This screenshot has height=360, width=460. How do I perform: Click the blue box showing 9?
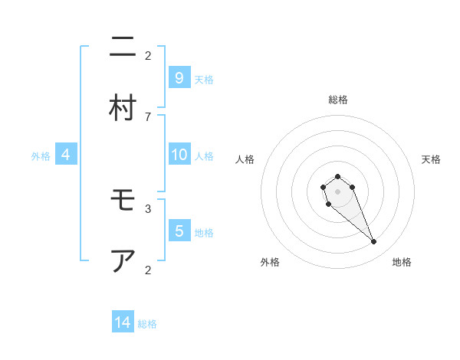(179, 78)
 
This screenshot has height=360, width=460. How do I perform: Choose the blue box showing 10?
(179, 155)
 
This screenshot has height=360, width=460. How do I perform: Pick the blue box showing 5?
(179, 231)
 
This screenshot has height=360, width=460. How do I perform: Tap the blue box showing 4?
(65, 155)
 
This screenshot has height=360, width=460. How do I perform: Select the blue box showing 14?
(123, 322)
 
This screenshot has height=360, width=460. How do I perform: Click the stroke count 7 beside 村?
(148, 116)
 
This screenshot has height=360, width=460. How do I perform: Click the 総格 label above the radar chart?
(338, 100)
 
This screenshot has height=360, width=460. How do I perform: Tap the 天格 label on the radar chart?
(432, 159)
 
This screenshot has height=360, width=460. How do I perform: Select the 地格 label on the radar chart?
(402, 262)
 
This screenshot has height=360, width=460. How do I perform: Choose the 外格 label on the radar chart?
(270, 262)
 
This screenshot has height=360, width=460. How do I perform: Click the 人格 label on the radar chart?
(245, 159)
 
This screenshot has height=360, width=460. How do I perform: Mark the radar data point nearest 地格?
(373, 242)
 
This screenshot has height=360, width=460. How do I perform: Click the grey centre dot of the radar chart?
(337, 191)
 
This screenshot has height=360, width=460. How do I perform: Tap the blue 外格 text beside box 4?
(41, 155)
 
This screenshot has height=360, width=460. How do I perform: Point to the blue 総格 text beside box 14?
(147, 324)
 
